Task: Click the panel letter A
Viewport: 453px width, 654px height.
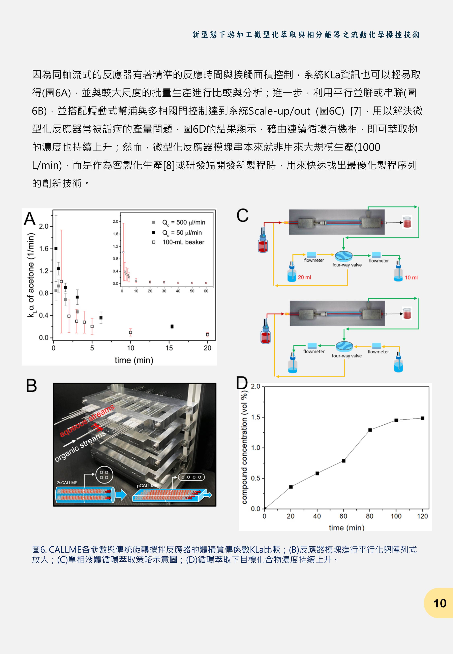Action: click(x=30, y=219)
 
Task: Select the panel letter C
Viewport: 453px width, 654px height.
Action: click(x=242, y=215)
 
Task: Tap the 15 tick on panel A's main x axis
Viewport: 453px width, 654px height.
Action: click(x=169, y=348)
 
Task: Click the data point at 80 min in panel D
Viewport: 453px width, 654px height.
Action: click(x=370, y=430)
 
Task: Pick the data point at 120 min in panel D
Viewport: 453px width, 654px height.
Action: click(x=422, y=418)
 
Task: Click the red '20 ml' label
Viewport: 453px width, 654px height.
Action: click(x=304, y=277)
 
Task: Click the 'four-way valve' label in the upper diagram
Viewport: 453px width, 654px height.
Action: click(x=347, y=265)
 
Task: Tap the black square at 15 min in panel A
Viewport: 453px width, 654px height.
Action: click(x=172, y=326)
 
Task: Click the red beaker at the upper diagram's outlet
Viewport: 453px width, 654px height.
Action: click(x=407, y=222)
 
